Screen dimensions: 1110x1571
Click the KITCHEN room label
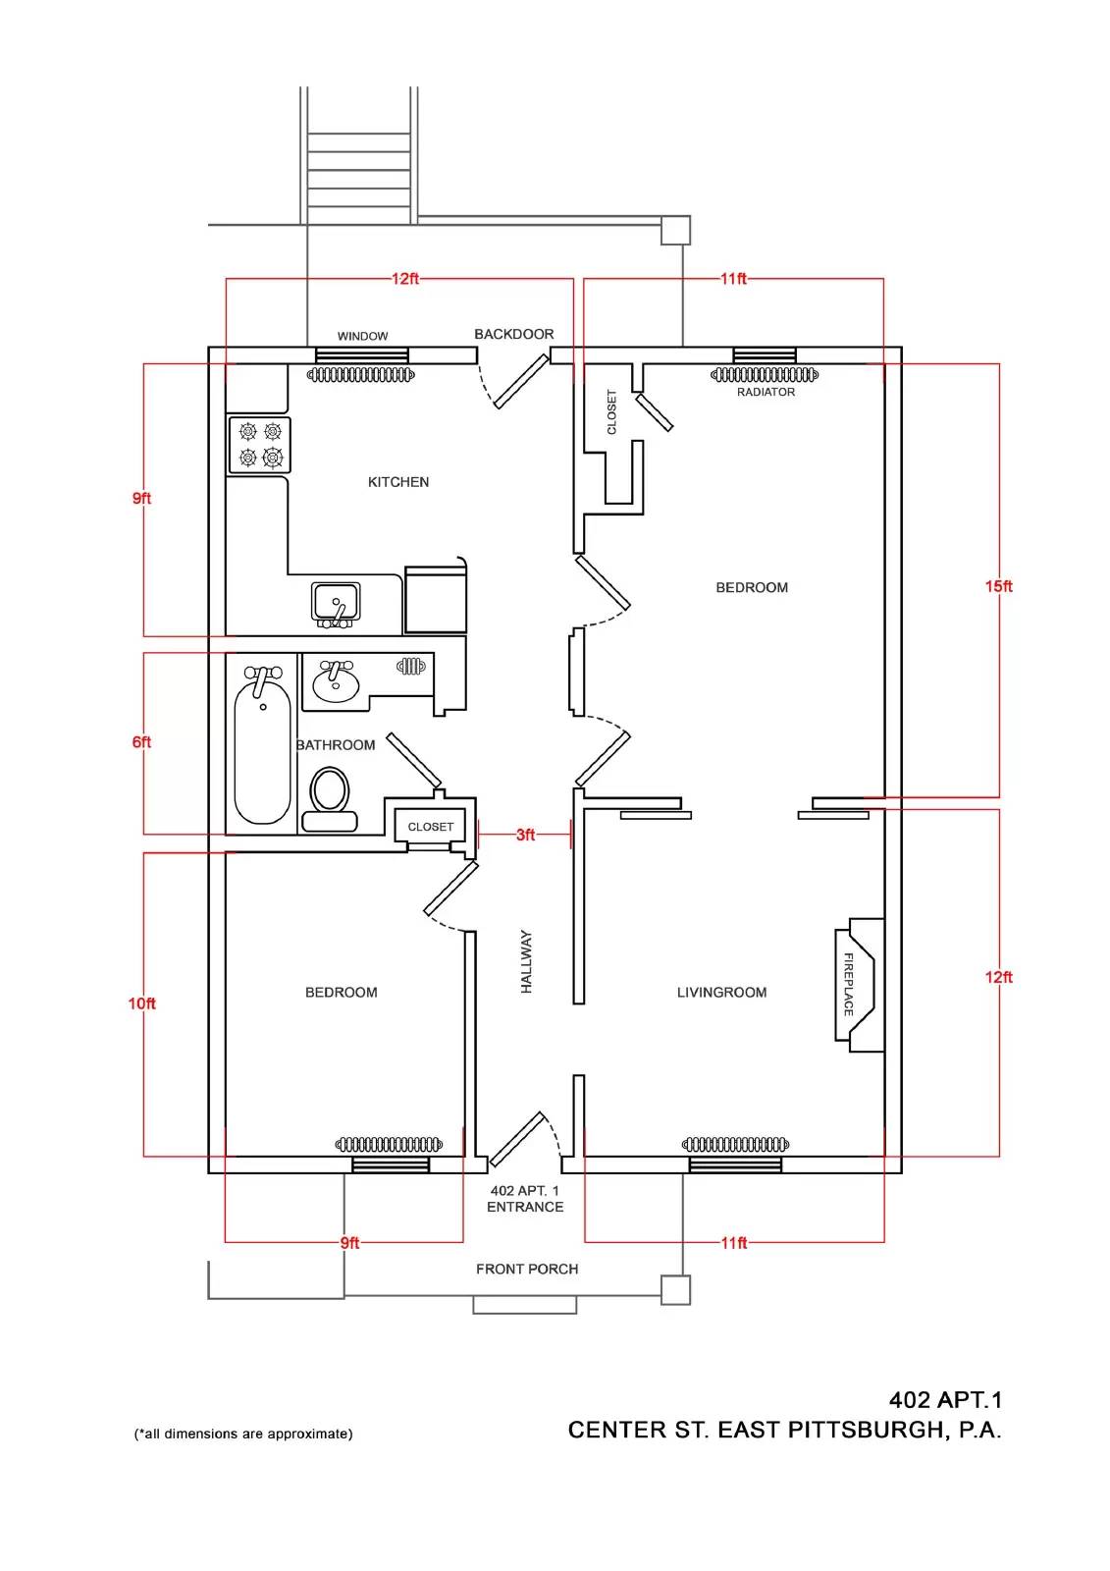[398, 482]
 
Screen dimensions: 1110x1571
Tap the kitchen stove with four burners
[259, 445]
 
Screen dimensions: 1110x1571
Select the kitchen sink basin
[336, 603]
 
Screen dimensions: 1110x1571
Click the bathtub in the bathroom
[262, 745]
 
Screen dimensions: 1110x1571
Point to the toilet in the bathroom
[330, 799]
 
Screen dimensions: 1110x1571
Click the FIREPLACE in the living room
[859, 985]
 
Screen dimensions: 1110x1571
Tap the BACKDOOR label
[514, 334]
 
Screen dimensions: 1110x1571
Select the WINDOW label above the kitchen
[362, 336]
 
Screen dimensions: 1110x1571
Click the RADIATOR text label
[766, 392]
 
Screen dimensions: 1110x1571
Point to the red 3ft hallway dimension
[525, 835]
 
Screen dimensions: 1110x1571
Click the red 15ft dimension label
[998, 585]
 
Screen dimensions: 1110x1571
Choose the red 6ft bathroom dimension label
[141, 742]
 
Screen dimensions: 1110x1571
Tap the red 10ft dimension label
[141, 1003]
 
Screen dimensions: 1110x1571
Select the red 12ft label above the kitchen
[405, 279]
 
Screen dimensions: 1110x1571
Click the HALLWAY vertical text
[527, 962]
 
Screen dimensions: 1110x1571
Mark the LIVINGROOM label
[721, 993]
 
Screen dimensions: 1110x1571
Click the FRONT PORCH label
[527, 1269]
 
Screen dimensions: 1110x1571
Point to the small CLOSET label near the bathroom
[431, 827]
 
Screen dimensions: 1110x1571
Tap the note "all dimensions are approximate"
[243, 1435]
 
